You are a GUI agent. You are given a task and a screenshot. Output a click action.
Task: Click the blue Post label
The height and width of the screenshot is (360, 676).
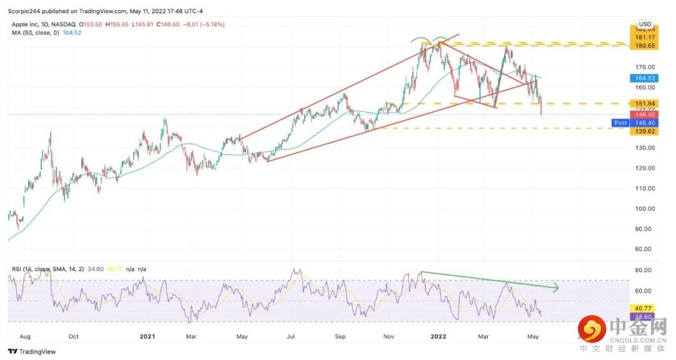[x=620, y=123]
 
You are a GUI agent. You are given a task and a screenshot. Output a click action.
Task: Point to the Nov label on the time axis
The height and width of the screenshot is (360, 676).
[x=389, y=336]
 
